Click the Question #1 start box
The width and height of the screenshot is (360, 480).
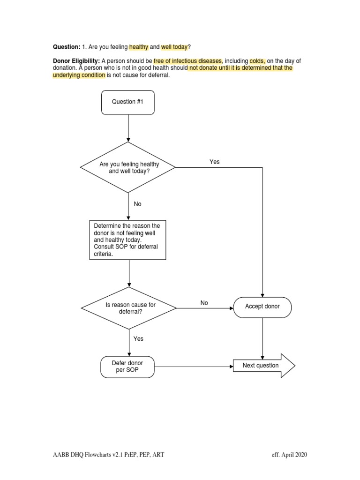click(127, 102)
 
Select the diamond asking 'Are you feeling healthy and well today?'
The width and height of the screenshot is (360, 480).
click(128, 167)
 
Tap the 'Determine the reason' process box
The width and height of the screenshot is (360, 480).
click(128, 240)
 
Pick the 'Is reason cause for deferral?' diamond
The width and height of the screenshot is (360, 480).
click(129, 308)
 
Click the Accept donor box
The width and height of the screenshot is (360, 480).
click(262, 307)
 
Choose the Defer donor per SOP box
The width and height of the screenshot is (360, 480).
click(127, 366)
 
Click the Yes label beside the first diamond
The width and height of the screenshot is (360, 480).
click(214, 162)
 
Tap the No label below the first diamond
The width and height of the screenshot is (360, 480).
click(137, 204)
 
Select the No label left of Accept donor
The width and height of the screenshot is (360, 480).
click(204, 303)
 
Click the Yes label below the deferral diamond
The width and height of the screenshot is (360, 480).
click(138, 338)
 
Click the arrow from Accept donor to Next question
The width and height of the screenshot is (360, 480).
click(262, 337)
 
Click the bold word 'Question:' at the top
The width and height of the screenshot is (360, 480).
click(67, 47)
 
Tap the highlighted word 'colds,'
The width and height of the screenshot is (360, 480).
click(257, 61)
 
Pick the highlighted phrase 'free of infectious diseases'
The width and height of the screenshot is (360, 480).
click(187, 61)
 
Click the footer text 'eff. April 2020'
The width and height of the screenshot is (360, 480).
click(289, 455)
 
